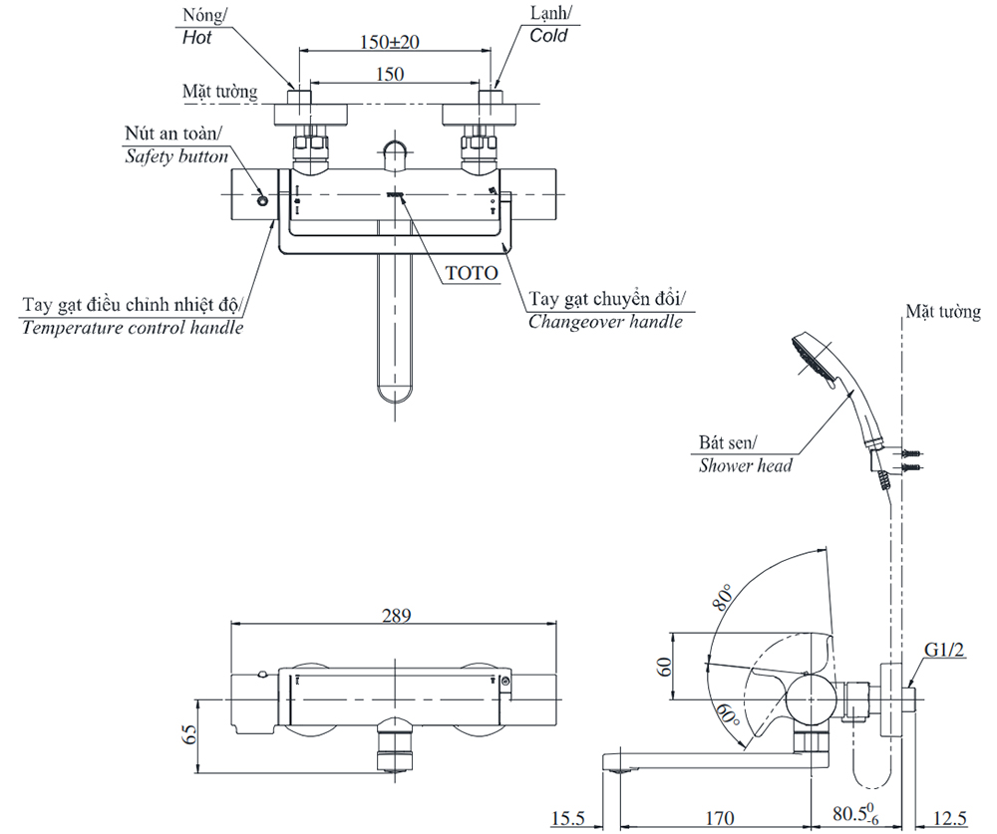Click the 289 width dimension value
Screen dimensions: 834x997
click(397, 616)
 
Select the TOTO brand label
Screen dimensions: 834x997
click(471, 272)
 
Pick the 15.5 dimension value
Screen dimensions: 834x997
click(569, 818)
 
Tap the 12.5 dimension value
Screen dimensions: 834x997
click(947, 818)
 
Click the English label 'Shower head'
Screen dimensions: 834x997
click(745, 464)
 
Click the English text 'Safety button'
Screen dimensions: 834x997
click(176, 156)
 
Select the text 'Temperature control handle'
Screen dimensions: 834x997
click(132, 327)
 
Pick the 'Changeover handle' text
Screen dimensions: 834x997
click(605, 321)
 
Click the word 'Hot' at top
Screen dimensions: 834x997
click(197, 38)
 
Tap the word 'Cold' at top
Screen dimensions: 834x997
click(548, 36)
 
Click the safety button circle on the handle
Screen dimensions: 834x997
click(262, 200)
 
